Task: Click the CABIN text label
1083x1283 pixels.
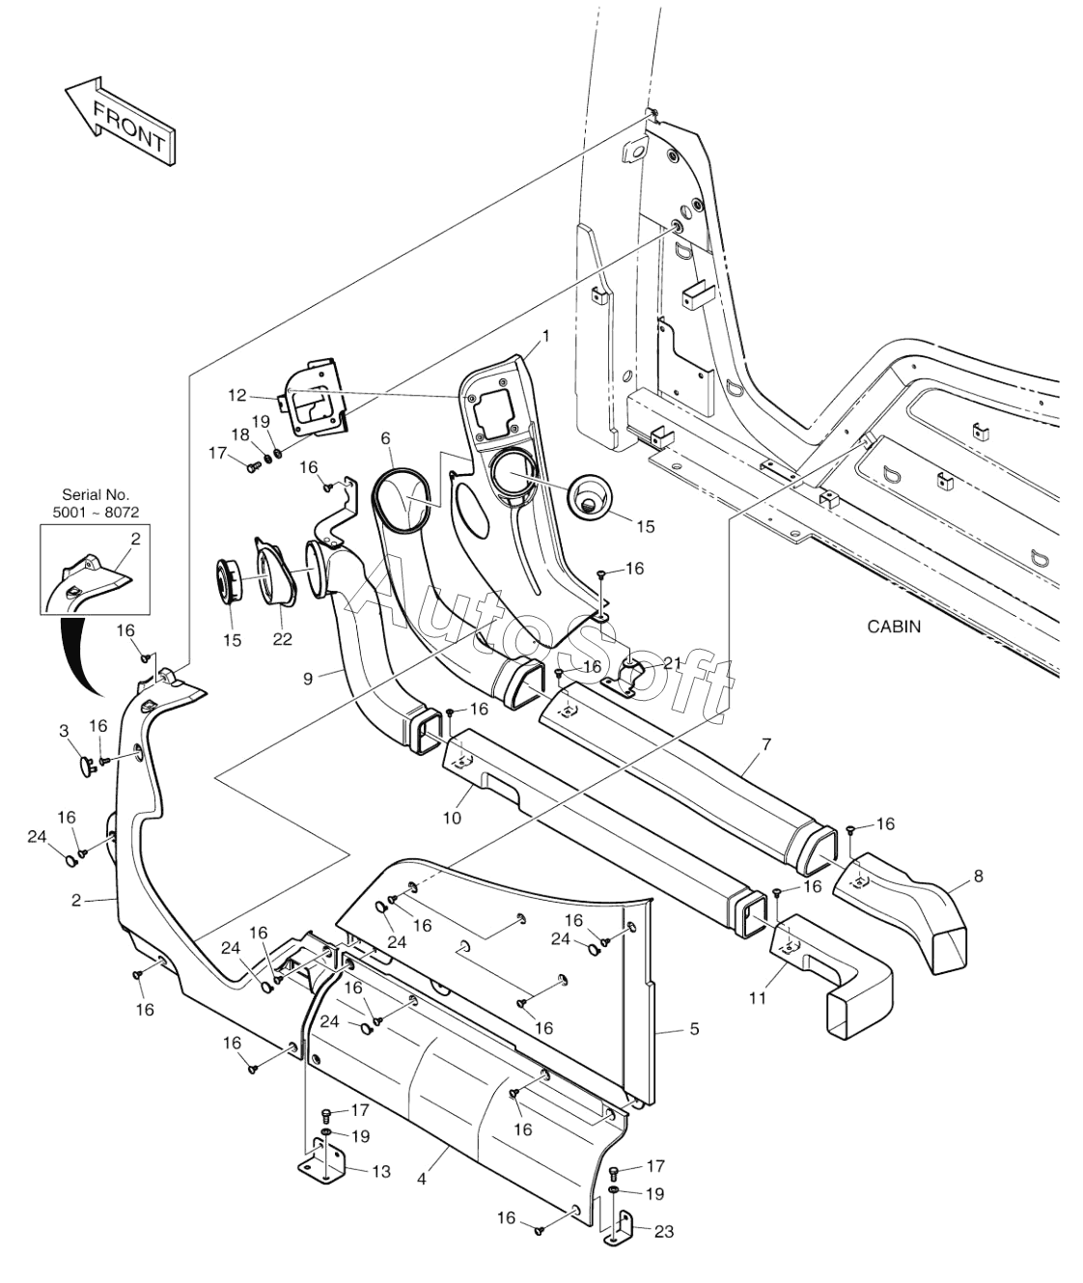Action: tap(894, 627)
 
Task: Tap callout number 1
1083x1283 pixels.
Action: tap(545, 336)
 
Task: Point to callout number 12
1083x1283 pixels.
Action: tap(237, 394)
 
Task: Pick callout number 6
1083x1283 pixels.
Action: tap(386, 437)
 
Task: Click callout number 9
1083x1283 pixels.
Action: tap(308, 679)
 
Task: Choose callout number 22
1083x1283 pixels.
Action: tap(282, 639)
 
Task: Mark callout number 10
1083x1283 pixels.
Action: tap(452, 818)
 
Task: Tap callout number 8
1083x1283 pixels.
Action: tap(979, 877)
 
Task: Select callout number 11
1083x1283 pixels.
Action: tap(758, 997)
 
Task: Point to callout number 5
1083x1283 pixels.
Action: tap(693, 1029)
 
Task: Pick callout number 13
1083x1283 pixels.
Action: tap(381, 1172)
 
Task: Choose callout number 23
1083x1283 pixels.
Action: tap(663, 1231)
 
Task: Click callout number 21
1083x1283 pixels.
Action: tap(672, 662)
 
